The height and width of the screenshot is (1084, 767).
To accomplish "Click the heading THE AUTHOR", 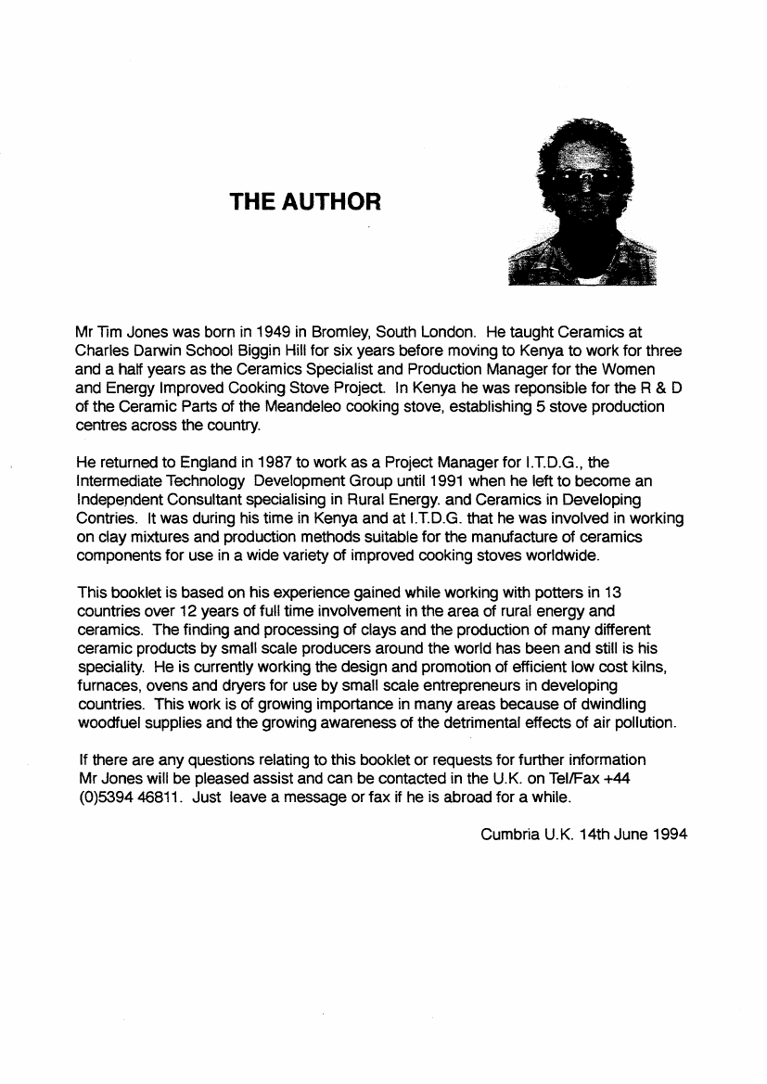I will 305,201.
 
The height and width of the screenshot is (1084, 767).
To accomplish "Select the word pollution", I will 647,723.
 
